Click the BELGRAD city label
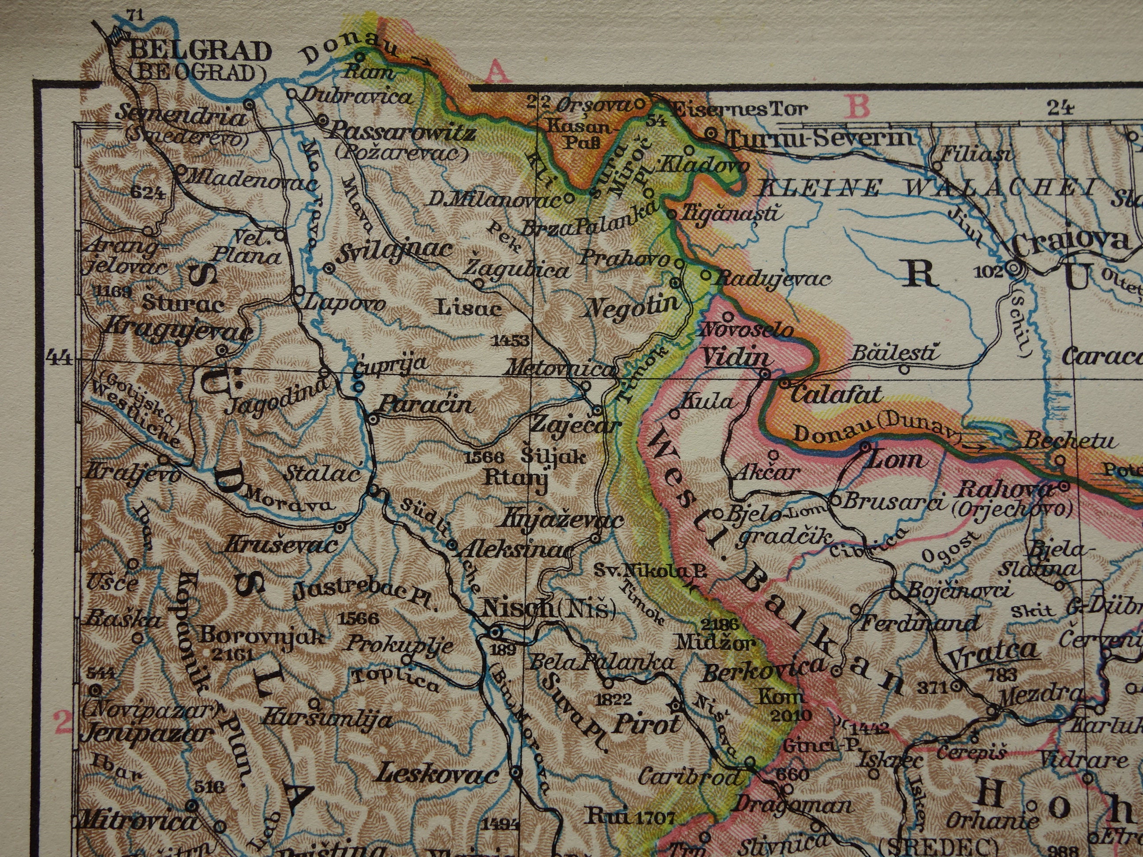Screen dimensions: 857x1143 tap(201, 51)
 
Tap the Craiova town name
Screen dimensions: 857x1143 tap(1070, 240)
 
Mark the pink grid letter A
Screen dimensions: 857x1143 tap(497, 72)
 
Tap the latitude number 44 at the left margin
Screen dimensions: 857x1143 tap(58, 357)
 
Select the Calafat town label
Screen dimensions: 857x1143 tap(835, 395)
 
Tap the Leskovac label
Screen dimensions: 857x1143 tap(437, 775)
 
